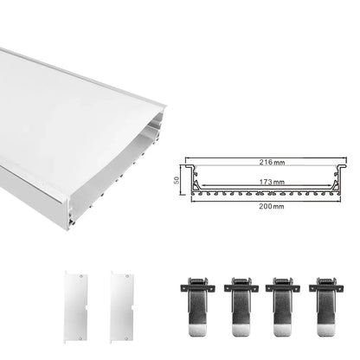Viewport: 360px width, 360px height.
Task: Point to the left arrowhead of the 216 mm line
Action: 185,166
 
